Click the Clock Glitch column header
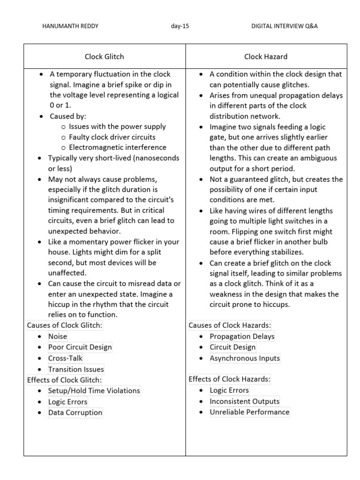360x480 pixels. tap(104, 57)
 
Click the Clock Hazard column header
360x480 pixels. tap(266, 57)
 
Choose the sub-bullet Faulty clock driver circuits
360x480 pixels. tap(112, 137)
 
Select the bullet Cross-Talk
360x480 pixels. tap(65, 358)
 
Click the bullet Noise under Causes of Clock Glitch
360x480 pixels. tap(58, 336)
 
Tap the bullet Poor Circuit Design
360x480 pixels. tap(80, 347)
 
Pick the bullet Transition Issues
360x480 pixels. tap(76, 369)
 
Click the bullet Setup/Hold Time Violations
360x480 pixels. tap(94, 390)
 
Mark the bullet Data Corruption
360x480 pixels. tap(75, 412)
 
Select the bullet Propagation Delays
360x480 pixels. tap(242, 336)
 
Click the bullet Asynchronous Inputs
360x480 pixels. tap(245, 358)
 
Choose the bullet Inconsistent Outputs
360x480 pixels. tap(244, 401)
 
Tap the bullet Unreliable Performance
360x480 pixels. tap(249, 412)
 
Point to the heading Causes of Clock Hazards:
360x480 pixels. tap(230, 325)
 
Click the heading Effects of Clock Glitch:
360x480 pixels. tap(64, 380)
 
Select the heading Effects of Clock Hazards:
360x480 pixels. tap(230, 379)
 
